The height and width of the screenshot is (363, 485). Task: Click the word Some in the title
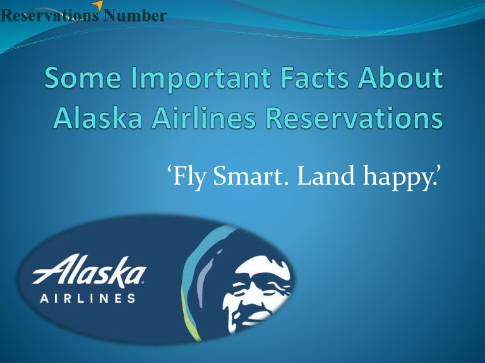(83, 78)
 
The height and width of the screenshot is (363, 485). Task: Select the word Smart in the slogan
(249, 176)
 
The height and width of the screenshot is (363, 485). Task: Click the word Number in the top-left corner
(135, 15)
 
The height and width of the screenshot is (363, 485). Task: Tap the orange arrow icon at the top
(98, 4)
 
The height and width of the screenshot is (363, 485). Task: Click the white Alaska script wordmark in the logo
(90, 271)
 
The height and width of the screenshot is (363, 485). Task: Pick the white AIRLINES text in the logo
(88, 299)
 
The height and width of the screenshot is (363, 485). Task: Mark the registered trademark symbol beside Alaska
(143, 282)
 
